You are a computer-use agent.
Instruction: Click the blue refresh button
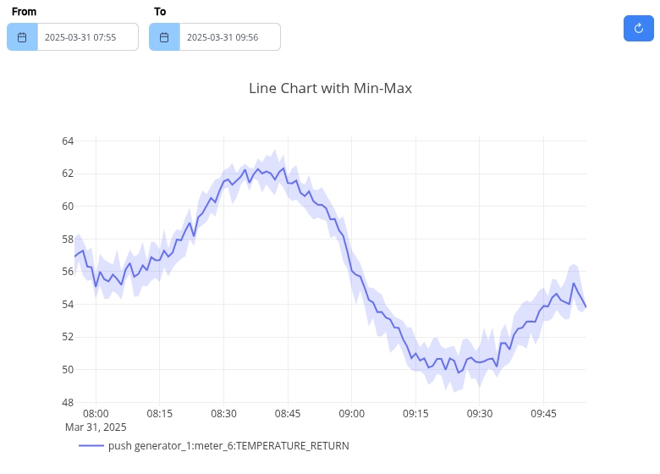click(639, 28)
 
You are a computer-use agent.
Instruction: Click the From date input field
click(87, 37)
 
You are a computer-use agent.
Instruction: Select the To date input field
click(229, 37)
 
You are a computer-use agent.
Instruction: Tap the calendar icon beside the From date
click(22, 37)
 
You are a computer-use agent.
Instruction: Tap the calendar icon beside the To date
click(164, 37)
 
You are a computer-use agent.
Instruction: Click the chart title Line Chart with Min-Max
click(330, 88)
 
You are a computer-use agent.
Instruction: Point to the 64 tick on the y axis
click(68, 141)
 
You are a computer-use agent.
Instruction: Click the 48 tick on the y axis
click(68, 402)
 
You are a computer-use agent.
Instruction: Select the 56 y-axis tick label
click(68, 272)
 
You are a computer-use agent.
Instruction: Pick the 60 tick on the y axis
click(68, 206)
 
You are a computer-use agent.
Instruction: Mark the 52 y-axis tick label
click(68, 337)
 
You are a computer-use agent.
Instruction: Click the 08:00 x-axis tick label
click(96, 414)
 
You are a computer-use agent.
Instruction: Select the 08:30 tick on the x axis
click(223, 414)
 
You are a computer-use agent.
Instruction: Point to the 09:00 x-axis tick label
click(351, 414)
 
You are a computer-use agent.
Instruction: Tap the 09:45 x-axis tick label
click(543, 414)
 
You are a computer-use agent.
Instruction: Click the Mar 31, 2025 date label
click(96, 427)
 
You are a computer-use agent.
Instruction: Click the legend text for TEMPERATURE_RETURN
click(228, 445)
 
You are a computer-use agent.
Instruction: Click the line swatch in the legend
click(91, 445)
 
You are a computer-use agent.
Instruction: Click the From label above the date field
click(24, 12)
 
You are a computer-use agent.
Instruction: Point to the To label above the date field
click(160, 12)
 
